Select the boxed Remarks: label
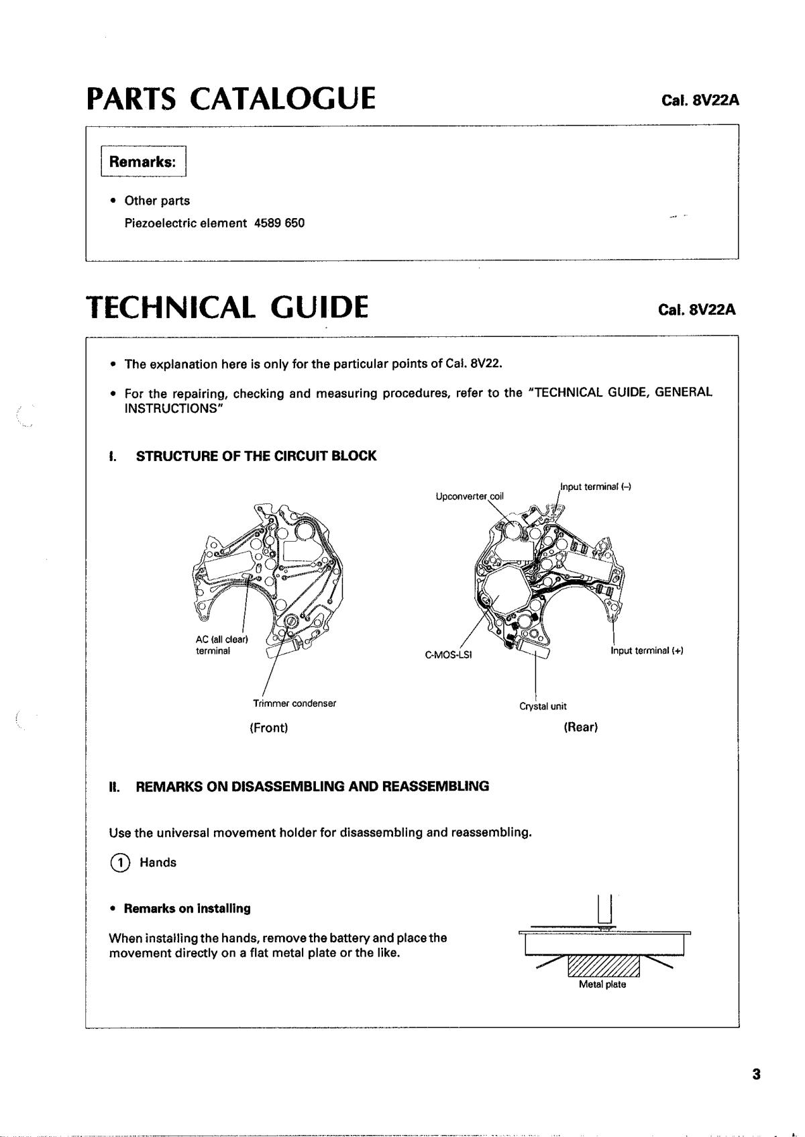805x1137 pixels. tap(143, 162)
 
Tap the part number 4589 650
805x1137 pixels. tap(280, 223)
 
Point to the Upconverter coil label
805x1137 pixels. tap(470, 496)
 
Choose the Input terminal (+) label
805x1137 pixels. tap(647, 650)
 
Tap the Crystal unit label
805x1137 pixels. tap(543, 706)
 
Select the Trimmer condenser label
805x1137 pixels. tap(294, 703)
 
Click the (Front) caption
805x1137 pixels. tap(268, 728)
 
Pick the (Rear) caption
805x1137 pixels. tap(580, 727)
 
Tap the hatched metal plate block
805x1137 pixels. tap(604, 966)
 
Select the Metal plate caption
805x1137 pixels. tap(602, 985)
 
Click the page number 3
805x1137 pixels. tap(756, 1075)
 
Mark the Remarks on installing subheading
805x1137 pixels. tap(187, 909)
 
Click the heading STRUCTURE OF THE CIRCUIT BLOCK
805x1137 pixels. tap(256, 456)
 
